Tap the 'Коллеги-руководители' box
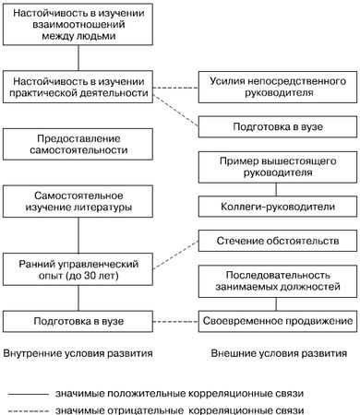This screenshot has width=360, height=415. click(x=277, y=207)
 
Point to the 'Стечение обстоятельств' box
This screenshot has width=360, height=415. click(x=277, y=243)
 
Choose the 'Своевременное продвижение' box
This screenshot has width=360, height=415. click(x=277, y=321)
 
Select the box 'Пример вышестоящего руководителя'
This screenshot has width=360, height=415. click(x=277, y=168)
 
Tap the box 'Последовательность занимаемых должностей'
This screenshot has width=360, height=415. click(x=277, y=282)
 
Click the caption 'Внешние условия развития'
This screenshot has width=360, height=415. click(x=277, y=352)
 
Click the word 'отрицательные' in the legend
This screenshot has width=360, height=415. click(x=152, y=409)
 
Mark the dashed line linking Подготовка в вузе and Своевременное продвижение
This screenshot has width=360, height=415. click(x=174, y=321)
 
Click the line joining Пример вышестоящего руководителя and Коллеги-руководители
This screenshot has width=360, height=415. click(x=277, y=189)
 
